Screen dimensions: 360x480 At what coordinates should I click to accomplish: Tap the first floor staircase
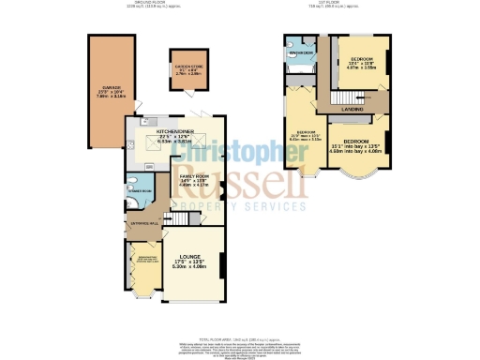pyautogui.click(x=347, y=97)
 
